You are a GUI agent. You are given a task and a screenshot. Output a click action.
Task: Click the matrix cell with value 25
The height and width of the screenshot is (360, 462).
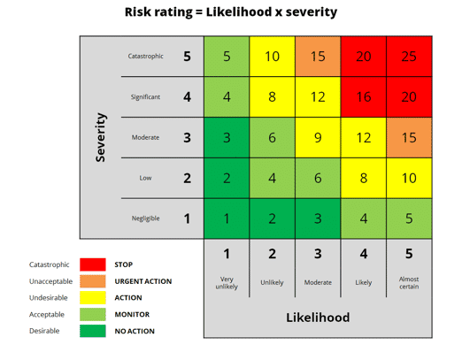[409, 57]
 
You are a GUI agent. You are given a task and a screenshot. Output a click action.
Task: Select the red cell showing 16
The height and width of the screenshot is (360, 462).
[363, 97]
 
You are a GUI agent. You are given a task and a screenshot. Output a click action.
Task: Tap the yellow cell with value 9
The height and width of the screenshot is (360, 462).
[317, 138]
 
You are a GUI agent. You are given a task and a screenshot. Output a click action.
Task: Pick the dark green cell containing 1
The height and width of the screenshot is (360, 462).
[227, 218]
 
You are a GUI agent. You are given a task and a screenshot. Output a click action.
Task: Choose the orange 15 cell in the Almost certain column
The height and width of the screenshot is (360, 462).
[409, 138]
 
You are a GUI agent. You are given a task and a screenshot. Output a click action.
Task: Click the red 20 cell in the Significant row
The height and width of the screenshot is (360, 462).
[409, 97]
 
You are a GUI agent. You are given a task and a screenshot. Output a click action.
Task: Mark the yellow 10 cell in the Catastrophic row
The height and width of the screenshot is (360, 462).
[272, 57]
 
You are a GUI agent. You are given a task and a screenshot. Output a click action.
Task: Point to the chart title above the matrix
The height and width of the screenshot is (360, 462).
[231, 12]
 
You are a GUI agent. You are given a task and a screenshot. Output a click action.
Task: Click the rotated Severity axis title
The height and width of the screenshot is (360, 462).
[101, 137]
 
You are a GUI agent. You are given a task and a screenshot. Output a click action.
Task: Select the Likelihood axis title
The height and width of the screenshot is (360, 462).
[318, 317]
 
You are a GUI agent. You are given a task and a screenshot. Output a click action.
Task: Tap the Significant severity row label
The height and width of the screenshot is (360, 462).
[146, 97]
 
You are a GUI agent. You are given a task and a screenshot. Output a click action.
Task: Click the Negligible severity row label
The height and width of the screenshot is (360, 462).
[145, 218]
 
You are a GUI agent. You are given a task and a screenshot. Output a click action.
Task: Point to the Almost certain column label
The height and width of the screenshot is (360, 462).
[409, 282]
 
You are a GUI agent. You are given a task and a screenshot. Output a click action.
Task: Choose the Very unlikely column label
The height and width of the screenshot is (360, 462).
[227, 282]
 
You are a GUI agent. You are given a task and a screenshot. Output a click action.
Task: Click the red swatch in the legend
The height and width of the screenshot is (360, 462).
[93, 264]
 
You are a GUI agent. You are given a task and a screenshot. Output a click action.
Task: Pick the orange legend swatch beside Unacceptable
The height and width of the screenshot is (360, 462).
[93, 281]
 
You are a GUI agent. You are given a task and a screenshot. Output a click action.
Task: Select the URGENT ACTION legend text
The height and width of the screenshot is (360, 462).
[142, 281]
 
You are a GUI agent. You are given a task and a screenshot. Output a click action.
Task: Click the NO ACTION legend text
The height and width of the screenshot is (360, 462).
[135, 331]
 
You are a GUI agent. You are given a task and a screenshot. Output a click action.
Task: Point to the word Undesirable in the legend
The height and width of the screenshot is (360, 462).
[49, 298]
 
